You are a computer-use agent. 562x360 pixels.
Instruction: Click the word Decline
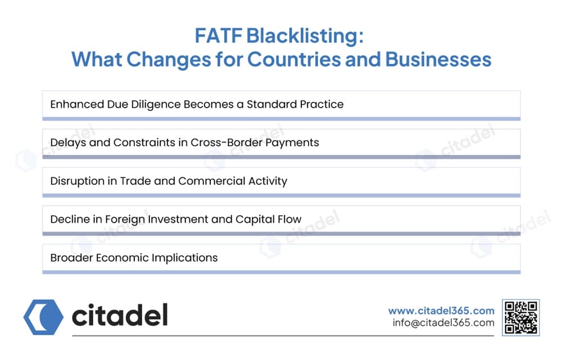pos(69,219)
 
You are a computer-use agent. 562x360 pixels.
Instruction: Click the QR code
pos(521,318)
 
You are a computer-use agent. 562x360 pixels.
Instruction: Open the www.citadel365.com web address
pos(441,310)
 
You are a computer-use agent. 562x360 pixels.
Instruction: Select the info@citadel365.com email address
pos(443,323)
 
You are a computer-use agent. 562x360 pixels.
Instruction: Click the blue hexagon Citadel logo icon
pos(43,317)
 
